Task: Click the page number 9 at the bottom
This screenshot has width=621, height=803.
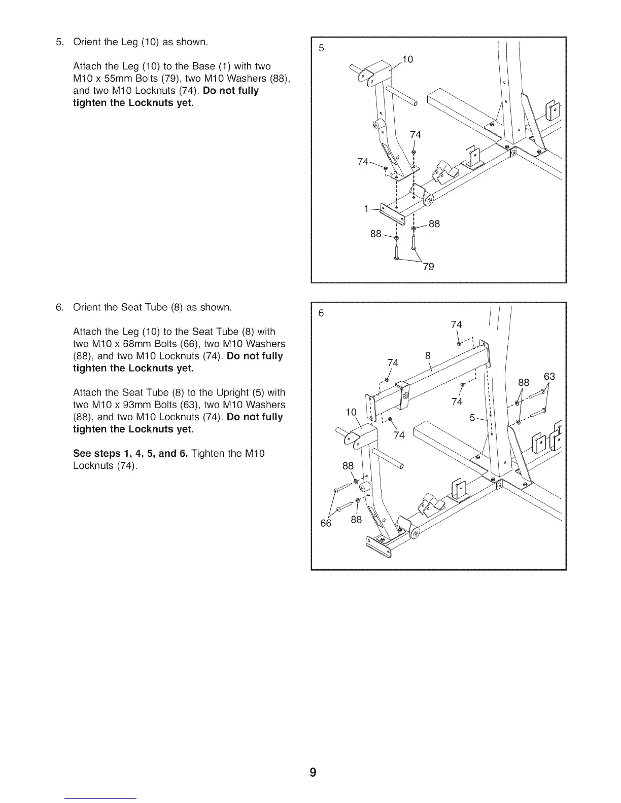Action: point(313,773)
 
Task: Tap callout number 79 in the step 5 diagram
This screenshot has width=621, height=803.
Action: point(428,267)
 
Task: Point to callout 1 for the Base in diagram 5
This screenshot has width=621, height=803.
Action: point(366,208)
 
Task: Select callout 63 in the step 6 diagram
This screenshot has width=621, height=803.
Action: point(549,377)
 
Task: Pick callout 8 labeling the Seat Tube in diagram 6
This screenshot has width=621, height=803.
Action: point(428,355)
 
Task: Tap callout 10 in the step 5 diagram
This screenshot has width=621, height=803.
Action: point(408,60)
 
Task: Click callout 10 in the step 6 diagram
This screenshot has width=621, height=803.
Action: point(351,412)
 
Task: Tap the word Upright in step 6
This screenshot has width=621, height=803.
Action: point(233,393)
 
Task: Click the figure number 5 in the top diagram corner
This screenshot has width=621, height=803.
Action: point(321,49)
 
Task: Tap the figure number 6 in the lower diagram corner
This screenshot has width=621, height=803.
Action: point(321,313)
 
